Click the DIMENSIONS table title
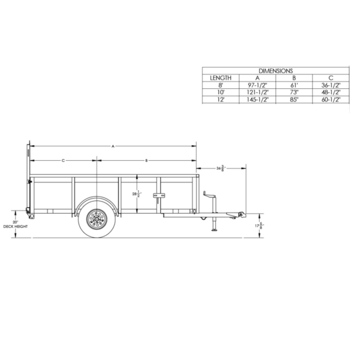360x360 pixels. pos(275,70)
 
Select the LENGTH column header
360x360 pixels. pos(220,78)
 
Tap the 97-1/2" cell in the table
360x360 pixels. pos(257,85)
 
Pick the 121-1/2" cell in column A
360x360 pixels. pos(257,92)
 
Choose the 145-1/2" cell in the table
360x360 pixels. pos(257,100)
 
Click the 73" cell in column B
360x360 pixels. pos(294,92)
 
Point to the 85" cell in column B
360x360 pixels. pos(294,100)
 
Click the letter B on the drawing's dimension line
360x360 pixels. pos(146,160)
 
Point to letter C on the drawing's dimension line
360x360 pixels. pos(63,160)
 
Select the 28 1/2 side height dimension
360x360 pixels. pos(139,194)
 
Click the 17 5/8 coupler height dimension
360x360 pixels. pos(259,226)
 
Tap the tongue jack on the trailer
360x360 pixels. pos(212,210)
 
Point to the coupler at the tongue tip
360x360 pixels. pos(241,214)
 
